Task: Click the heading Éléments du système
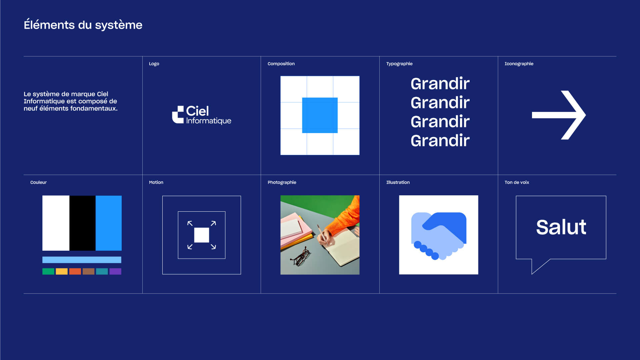tap(83, 25)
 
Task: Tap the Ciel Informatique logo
tap(201, 115)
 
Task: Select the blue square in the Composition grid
tap(320, 115)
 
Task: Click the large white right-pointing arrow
tap(559, 115)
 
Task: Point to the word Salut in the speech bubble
tap(561, 227)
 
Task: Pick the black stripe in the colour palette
tap(82, 223)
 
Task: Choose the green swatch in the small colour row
tap(48, 271)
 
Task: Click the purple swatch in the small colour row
tap(115, 271)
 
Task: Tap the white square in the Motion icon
tap(202, 235)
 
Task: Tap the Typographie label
tap(399, 64)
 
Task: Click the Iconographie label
tap(519, 64)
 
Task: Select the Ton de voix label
tap(517, 182)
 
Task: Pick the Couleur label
tap(38, 182)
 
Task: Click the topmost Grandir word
tap(440, 83)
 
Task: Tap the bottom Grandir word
tap(440, 141)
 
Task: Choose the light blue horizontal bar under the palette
tap(82, 260)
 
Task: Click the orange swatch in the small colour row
tap(75, 271)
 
